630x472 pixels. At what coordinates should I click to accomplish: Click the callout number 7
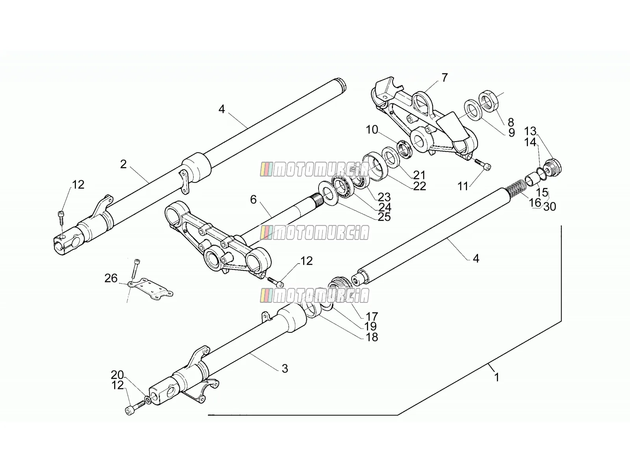coord(444,77)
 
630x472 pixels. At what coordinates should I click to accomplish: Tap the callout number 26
coord(111,278)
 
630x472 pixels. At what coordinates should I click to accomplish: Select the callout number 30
coord(550,206)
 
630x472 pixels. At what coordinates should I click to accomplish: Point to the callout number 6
coord(253,199)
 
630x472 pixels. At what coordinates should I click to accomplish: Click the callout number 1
coord(497,377)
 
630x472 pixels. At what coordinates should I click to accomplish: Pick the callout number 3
coord(285,368)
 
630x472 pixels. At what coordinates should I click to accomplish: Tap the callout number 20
coord(117,374)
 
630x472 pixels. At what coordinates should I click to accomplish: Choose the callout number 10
coord(372,129)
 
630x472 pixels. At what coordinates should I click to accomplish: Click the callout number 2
coord(123,164)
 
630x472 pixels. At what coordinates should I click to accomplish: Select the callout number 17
coord(372,316)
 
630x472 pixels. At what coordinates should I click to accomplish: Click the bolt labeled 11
coord(484,164)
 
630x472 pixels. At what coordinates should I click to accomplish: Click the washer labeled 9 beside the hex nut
coord(472,111)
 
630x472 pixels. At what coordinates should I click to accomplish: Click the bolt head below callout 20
coord(130,411)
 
